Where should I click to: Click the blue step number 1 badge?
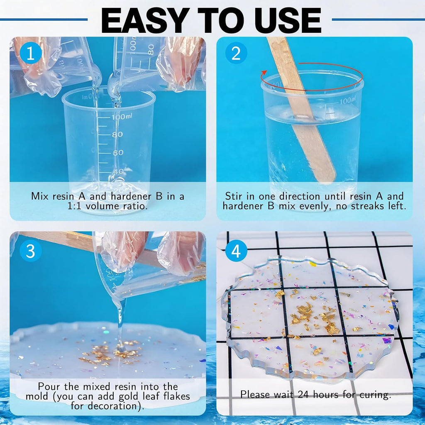coord(31,53)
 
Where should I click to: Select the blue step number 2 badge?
coord(236,53)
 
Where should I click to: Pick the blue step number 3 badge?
coord(31,251)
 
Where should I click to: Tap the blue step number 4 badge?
coord(236,251)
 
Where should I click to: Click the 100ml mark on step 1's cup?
coord(122,117)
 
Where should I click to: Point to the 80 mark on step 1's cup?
coord(117,134)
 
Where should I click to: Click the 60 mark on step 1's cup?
coord(118,153)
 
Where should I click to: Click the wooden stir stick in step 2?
coord(301,108)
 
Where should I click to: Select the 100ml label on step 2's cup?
coord(347,101)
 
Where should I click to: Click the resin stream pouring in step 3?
coord(120,322)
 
